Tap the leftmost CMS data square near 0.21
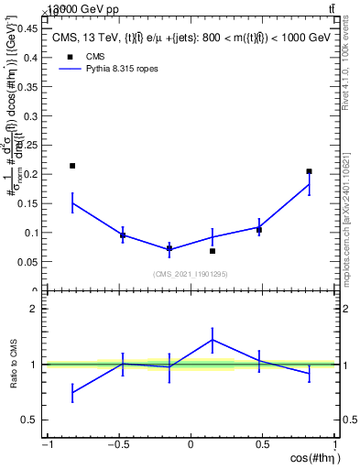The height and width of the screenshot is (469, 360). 72,166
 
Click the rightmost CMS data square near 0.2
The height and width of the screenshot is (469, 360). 309,171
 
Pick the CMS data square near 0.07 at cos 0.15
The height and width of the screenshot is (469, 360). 213,251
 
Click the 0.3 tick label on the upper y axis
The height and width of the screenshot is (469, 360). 30,115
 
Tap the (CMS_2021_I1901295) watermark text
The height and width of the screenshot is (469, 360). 190,274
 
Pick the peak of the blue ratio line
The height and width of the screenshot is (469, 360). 213,340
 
